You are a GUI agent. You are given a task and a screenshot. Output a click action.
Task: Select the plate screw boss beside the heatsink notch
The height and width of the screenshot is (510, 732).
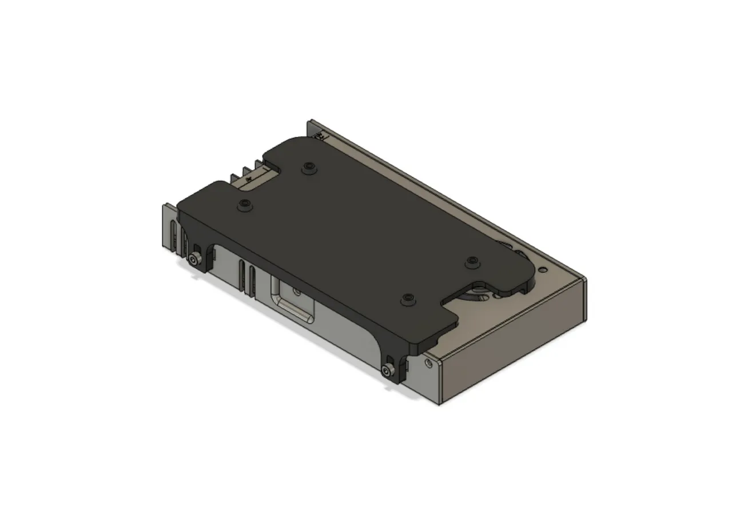(245, 204)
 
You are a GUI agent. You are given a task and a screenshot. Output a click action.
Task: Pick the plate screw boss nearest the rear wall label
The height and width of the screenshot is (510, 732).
(309, 166)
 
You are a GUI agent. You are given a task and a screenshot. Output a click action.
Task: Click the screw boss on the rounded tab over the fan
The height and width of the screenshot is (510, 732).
(471, 261)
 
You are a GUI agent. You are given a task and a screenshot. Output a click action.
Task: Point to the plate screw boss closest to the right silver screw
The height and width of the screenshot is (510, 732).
(407, 298)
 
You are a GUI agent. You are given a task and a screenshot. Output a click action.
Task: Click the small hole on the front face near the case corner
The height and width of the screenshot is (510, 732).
(427, 361)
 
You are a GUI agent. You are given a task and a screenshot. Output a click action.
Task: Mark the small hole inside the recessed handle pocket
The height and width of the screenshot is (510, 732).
(297, 292)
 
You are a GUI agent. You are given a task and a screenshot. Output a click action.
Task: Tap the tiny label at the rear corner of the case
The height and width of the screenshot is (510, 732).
(320, 136)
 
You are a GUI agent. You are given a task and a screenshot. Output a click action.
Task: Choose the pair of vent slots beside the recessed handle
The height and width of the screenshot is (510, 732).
(247, 276)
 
